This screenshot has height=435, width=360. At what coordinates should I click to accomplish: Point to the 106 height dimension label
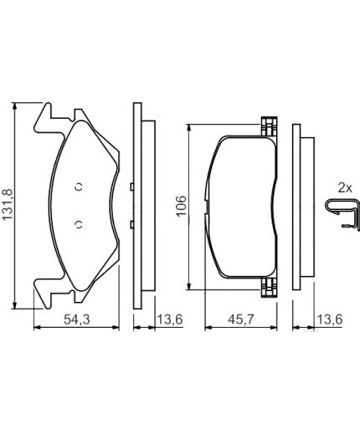(x=182, y=205)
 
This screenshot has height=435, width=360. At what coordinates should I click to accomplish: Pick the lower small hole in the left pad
(x=77, y=223)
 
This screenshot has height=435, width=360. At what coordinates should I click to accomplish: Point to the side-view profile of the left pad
(x=140, y=205)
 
